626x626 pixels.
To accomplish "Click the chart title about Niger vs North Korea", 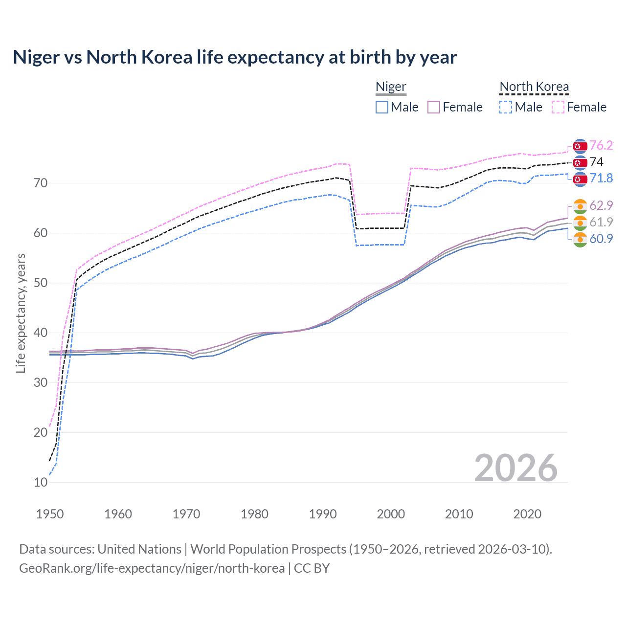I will click(x=235, y=57).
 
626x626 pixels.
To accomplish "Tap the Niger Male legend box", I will click(x=382, y=107).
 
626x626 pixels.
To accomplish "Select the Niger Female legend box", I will click(x=434, y=107).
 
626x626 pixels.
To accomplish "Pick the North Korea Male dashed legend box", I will click(x=506, y=107).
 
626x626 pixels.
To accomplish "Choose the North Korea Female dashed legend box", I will click(x=558, y=107).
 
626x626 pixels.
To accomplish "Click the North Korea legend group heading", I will click(x=534, y=87).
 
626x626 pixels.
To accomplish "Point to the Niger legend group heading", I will click(x=391, y=87).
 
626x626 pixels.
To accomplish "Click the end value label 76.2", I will click(x=601, y=145).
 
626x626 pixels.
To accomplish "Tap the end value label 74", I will click(x=597, y=162).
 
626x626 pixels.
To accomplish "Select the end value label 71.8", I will click(x=601, y=178).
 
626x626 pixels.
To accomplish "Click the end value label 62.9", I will click(x=601, y=205).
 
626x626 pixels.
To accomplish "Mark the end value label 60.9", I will click(x=601, y=239).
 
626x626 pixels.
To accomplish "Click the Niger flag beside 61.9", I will click(x=580, y=223).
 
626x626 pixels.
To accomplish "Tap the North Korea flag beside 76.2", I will click(x=580, y=146).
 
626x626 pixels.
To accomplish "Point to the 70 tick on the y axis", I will click(x=41, y=183).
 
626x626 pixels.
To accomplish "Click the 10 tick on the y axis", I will click(x=41, y=482).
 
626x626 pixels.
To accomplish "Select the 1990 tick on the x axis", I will click(x=323, y=514).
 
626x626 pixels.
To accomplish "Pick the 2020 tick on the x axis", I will click(x=527, y=514).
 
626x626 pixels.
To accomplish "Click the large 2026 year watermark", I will click(x=516, y=468).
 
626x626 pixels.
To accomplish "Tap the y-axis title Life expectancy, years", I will click(x=21, y=313).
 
